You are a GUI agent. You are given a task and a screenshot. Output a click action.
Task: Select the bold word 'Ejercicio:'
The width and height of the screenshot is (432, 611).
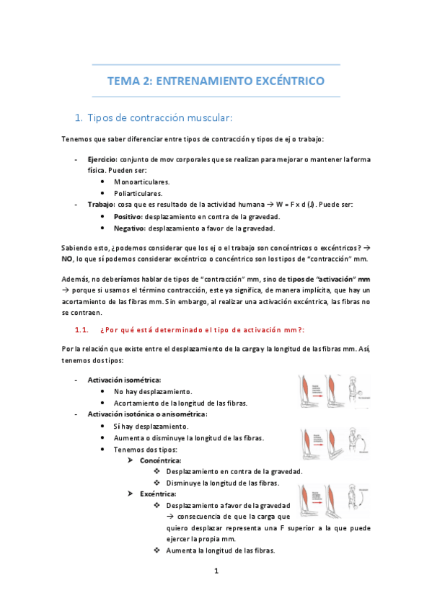point(102,159)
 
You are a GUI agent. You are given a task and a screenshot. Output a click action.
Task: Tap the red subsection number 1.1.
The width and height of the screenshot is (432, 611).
point(81,329)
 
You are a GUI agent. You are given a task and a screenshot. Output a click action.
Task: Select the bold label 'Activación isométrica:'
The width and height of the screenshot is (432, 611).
point(124,380)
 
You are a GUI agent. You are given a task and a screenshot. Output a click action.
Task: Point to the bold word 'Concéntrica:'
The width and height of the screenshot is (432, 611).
point(160,460)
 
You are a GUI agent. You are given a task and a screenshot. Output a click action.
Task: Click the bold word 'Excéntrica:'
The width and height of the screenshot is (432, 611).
point(158,494)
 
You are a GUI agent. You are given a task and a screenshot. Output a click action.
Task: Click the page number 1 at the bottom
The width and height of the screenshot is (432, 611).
point(216,571)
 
